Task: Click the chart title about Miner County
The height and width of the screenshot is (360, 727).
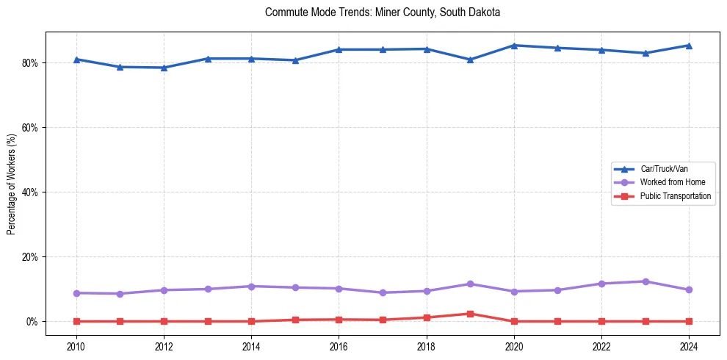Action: point(383,12)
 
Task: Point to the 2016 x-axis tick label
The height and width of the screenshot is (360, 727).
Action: point(339,346)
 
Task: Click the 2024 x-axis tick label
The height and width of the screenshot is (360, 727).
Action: point(689,346)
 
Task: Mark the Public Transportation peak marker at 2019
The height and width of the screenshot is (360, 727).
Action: point(470,314)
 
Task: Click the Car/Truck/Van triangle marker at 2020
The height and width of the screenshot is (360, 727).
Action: point(514,46)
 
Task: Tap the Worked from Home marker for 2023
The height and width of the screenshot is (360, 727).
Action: point(645,281)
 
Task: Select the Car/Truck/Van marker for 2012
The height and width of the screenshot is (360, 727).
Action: point(164,68)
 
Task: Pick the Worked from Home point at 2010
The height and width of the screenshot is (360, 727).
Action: point(76,293)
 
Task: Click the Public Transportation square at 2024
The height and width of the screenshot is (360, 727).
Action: point(689,321)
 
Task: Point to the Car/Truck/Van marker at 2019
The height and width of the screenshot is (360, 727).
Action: point(470,60)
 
